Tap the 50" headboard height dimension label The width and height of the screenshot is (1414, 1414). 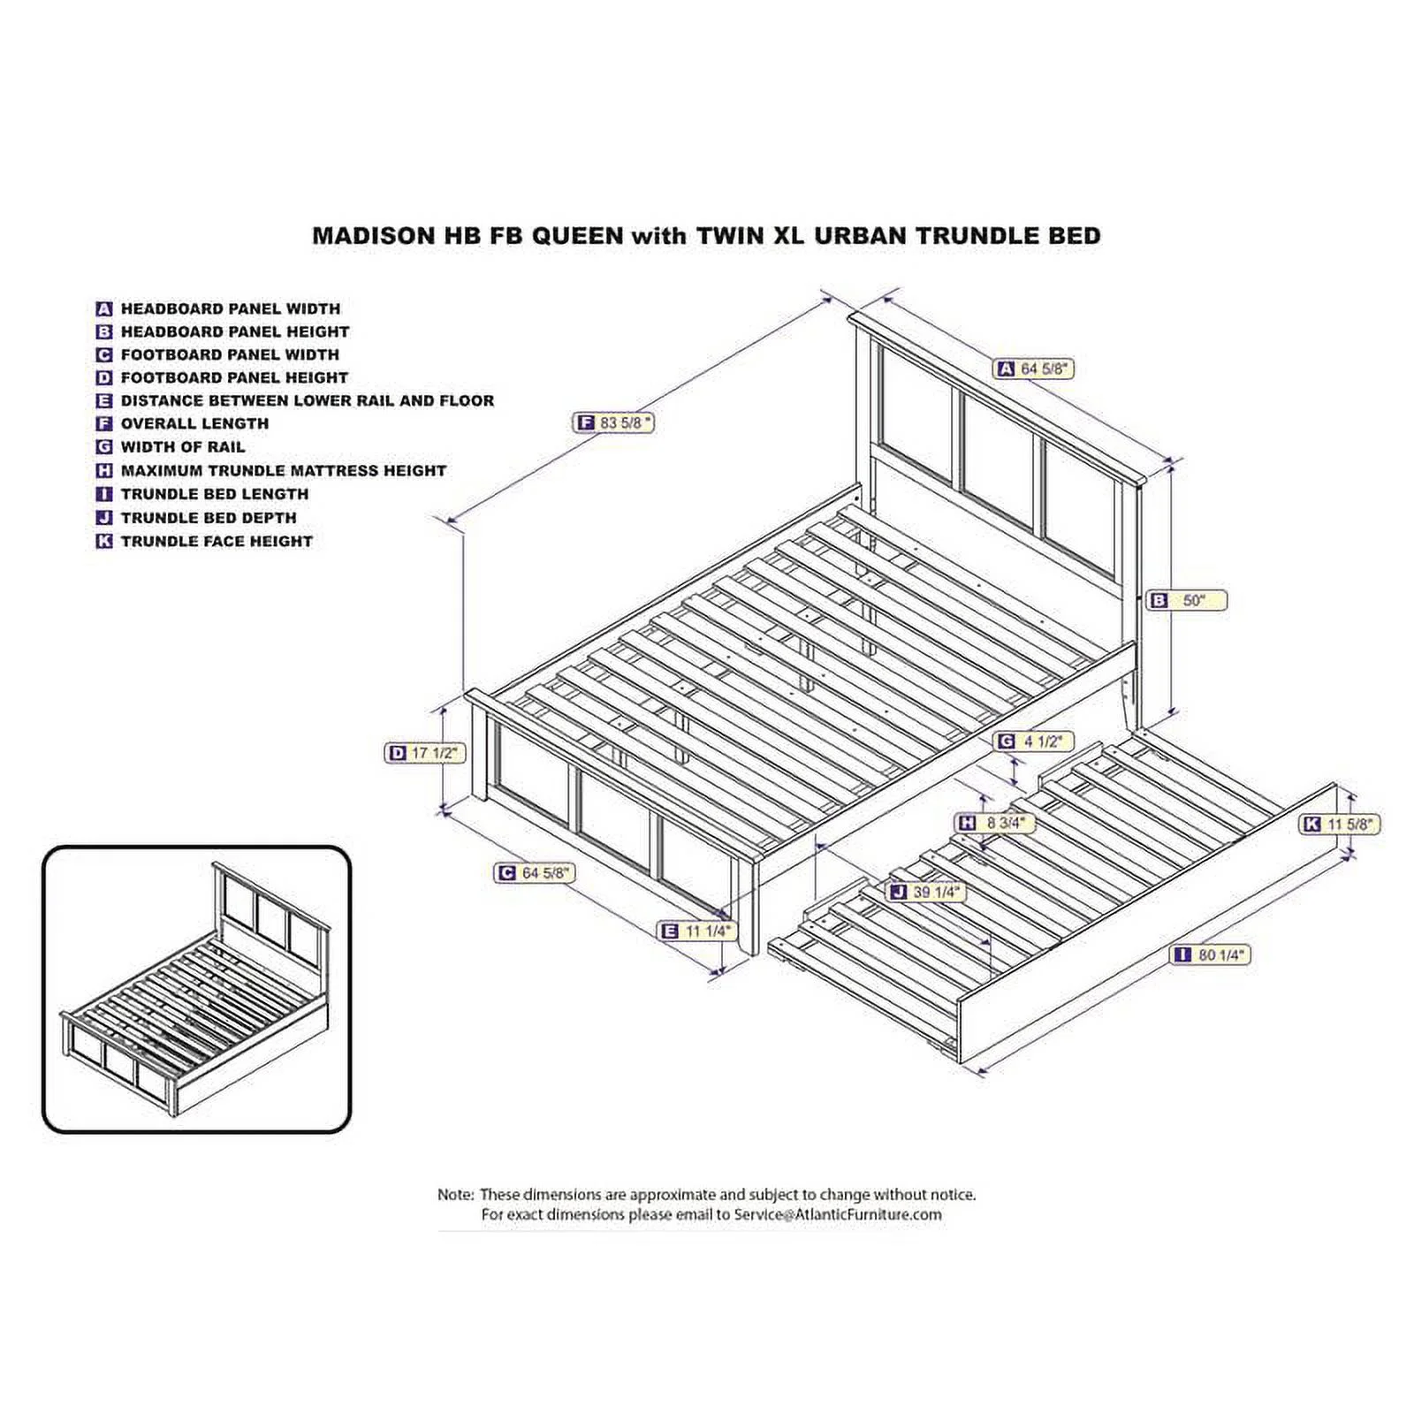[1188, 601]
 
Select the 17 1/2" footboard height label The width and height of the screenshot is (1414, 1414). [425, 753]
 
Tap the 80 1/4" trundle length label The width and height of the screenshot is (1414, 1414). [1211, 954]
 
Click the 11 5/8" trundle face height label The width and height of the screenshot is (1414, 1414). [1340, 825]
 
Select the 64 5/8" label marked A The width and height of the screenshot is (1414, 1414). [1035, 369]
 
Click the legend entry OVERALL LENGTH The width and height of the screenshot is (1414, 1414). [194, 423]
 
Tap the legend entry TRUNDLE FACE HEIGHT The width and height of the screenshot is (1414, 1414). [217, 541]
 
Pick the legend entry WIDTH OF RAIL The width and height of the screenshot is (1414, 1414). [183, 447]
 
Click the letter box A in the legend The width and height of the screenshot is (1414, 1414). [104, 309]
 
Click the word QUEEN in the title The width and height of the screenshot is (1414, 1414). [570, 236]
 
